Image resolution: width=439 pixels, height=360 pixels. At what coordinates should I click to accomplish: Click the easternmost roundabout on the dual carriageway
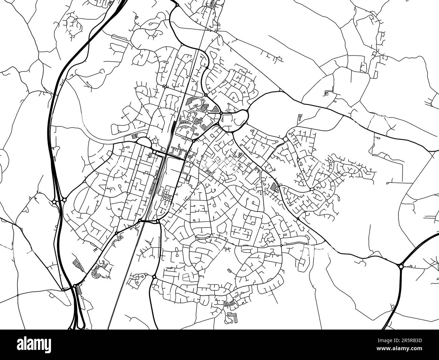401,266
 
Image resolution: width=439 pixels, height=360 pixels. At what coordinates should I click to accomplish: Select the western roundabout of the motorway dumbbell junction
54,202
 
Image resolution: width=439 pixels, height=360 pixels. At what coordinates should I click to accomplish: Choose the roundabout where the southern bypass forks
154,277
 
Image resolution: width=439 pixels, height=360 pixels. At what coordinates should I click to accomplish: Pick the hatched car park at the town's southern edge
231,304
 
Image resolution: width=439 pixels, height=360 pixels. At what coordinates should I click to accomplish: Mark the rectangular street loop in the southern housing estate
242,233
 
